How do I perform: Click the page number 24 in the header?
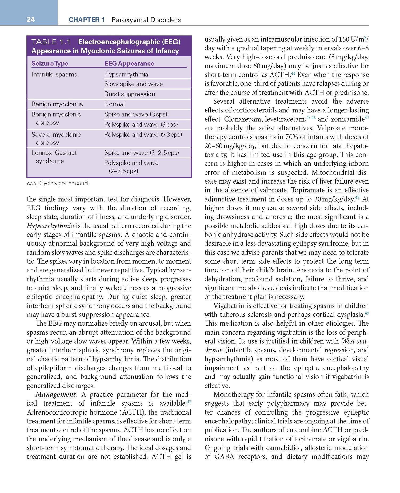click(31, 20)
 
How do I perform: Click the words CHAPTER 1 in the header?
click(87, 20)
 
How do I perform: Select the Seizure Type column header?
click(50, 63)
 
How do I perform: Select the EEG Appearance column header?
click(129, 63)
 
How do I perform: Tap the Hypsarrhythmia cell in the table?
click(126, 74)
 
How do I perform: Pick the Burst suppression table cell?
click(130, 94)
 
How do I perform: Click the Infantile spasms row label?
click(54, 74)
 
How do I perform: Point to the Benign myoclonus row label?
click(57, 104)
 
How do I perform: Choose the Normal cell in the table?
click(114, 104)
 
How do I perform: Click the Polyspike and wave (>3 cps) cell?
click(143, 135)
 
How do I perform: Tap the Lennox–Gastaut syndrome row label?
click(54, 157)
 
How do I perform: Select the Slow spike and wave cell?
click(133, 84)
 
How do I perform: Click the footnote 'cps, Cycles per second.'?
click(58, 183)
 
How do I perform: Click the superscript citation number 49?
click(367, 313)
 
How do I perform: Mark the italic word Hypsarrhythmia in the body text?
click(50, 226)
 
